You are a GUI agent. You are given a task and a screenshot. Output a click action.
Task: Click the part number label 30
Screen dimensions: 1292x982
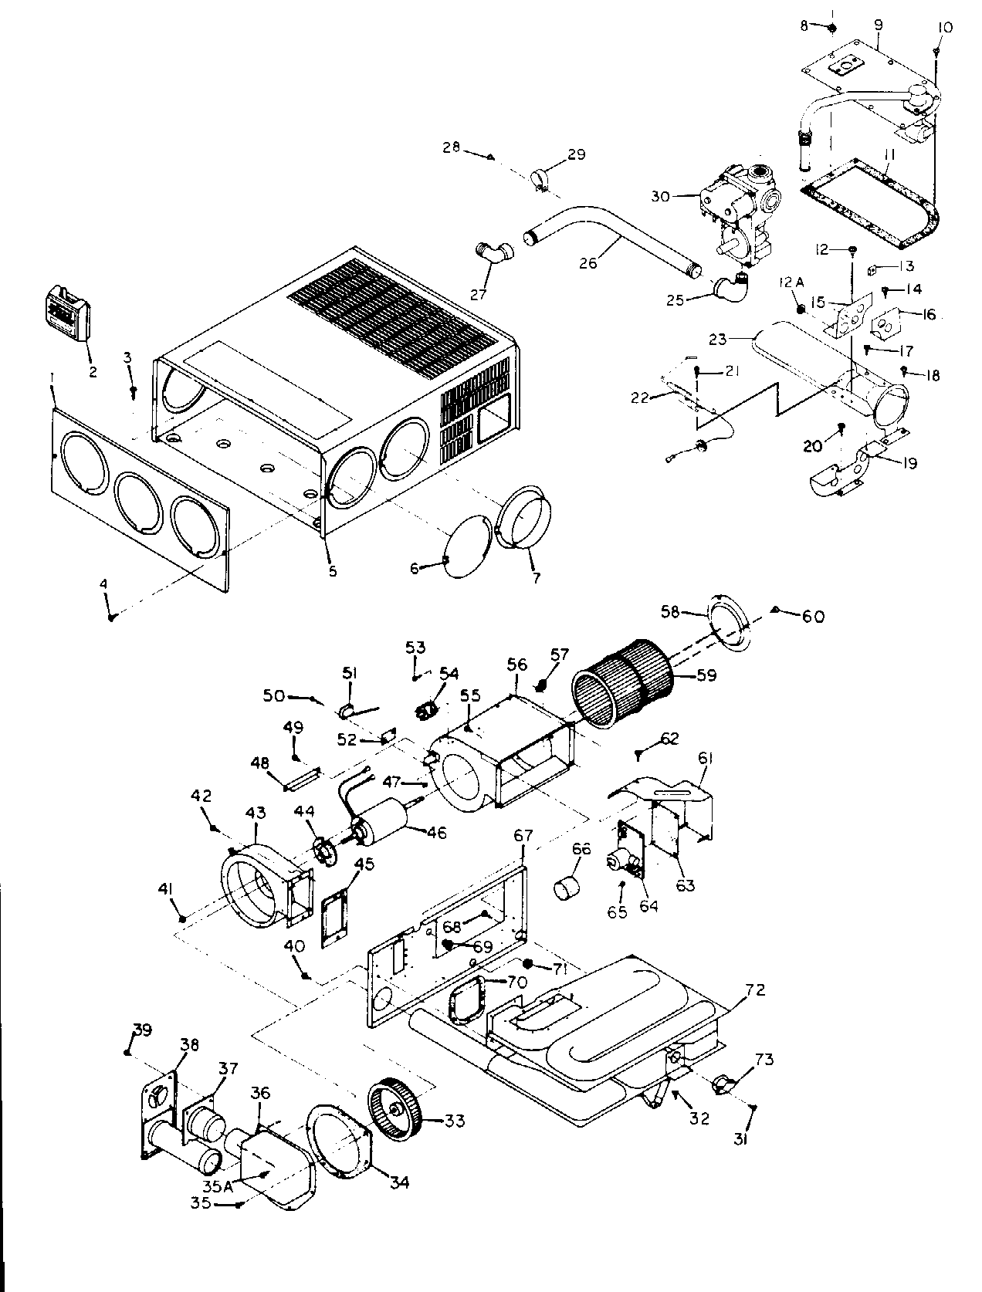click(x=660, y=197)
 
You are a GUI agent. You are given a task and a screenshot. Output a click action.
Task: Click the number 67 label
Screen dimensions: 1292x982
click(x=523, y=835)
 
